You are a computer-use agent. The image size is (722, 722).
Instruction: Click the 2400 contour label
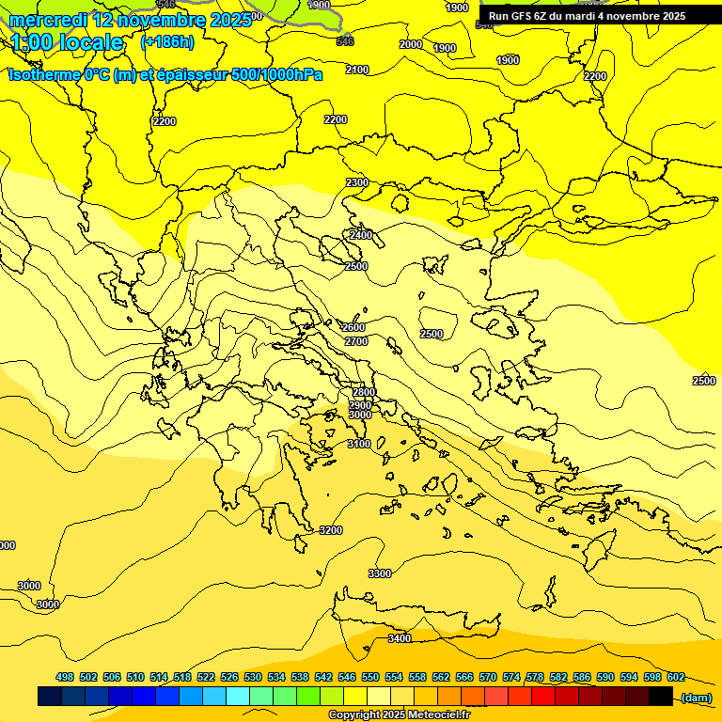[361, 234]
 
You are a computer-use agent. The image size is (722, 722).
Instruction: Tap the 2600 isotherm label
[353, 327]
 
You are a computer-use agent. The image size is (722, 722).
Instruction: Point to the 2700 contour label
[356, 341]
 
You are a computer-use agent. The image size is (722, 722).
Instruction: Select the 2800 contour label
[364, 392]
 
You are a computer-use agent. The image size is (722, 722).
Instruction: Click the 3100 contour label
[359, 444]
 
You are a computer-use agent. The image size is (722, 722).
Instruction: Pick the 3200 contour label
[331, 530]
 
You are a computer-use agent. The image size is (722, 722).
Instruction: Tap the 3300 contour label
[380, 573]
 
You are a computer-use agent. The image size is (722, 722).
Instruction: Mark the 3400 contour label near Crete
[400, 638]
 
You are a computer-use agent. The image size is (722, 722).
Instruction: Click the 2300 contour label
[357, 182]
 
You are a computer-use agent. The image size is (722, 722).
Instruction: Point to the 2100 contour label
[357, 70]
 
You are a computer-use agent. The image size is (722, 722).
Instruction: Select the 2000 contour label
[411, 44]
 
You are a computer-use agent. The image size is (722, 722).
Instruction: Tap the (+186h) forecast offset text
[167, 41]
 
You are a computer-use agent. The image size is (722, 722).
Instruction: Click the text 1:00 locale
[68, 42]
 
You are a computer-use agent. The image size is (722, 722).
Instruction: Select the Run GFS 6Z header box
[587, 16]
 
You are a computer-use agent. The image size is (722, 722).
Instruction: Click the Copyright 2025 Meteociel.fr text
[399, 715]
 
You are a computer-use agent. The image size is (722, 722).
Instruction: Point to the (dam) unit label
[697, 697]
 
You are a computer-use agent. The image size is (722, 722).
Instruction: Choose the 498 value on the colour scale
[65, 677]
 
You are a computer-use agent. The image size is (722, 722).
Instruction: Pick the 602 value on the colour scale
[676, 677]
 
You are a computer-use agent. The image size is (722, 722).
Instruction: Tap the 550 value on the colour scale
[370, 677]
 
